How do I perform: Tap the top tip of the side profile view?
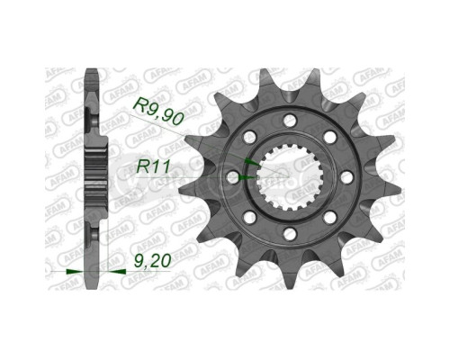click(93, 72)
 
